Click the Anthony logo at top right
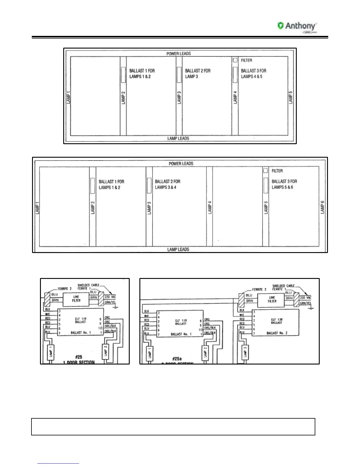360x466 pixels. tap(297, 26)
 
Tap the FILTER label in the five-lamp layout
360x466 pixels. tap(246, 60)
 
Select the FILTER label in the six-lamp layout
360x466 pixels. tap(277, 171)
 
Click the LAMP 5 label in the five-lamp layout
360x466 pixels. tap(291, 97)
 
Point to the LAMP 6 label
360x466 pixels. tap(322, 207)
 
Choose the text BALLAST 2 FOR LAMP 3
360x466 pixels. tap(198, 74)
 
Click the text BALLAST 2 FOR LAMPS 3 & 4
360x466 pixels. tap(167, 184)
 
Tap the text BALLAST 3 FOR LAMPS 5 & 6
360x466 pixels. tap(284, 184)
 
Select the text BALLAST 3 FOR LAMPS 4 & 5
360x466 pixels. tap(253, 74)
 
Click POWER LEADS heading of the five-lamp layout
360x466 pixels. tap(179, 54)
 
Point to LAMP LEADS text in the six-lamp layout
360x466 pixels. tap(178, 249)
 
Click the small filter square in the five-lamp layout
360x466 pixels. tap(235, 60)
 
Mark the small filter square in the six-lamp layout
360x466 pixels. tap(266, 171)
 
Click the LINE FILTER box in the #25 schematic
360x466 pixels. tap(76, 299)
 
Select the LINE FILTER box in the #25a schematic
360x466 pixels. tap(272, 299)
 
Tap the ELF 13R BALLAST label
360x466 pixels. tap(276, 321)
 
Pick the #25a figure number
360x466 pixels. tap(177, 359)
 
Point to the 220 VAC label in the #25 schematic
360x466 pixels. tap(110, 297)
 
